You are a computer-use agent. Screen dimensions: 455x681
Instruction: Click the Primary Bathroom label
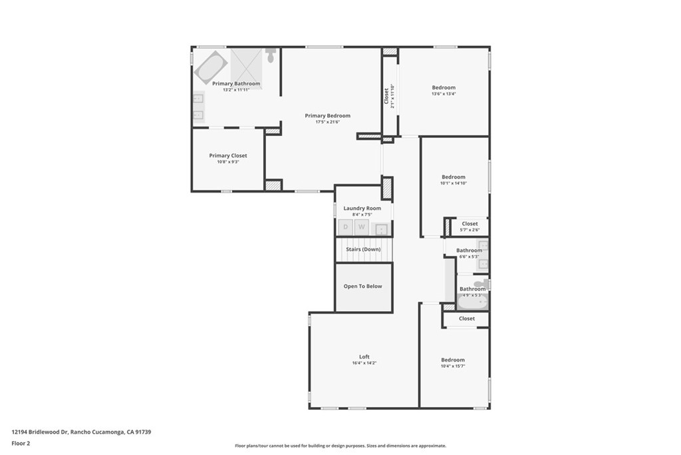tap(236, 84)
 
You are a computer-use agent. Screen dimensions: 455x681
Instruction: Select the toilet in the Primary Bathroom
tap(271, 55)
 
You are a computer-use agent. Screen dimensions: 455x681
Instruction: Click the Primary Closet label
tap(228, 156)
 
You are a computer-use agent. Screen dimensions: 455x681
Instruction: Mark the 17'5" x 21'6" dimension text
tap(327, 122)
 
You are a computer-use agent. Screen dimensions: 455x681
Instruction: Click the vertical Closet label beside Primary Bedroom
tap(386, 96)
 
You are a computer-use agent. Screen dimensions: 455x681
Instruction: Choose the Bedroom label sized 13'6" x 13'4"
tap(444, 88)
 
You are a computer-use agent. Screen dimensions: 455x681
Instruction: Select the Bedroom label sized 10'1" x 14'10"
tap(454, 177)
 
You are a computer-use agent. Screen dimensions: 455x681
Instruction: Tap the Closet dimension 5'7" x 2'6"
tap(470, 230)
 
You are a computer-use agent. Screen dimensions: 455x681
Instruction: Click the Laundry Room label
tap(362, 209)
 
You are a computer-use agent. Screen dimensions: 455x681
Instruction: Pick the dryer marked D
tap(345, 227)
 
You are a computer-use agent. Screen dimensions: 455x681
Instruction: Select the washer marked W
tap(362, 227)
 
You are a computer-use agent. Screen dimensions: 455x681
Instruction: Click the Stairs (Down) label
tap(362, 249)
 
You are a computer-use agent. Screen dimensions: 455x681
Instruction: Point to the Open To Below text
tap(362, 286)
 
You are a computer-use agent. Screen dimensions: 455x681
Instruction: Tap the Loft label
tap(364, 357)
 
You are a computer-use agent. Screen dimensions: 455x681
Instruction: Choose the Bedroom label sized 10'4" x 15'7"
tap(453, 360)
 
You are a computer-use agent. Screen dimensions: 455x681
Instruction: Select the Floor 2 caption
tap(21, 442)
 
